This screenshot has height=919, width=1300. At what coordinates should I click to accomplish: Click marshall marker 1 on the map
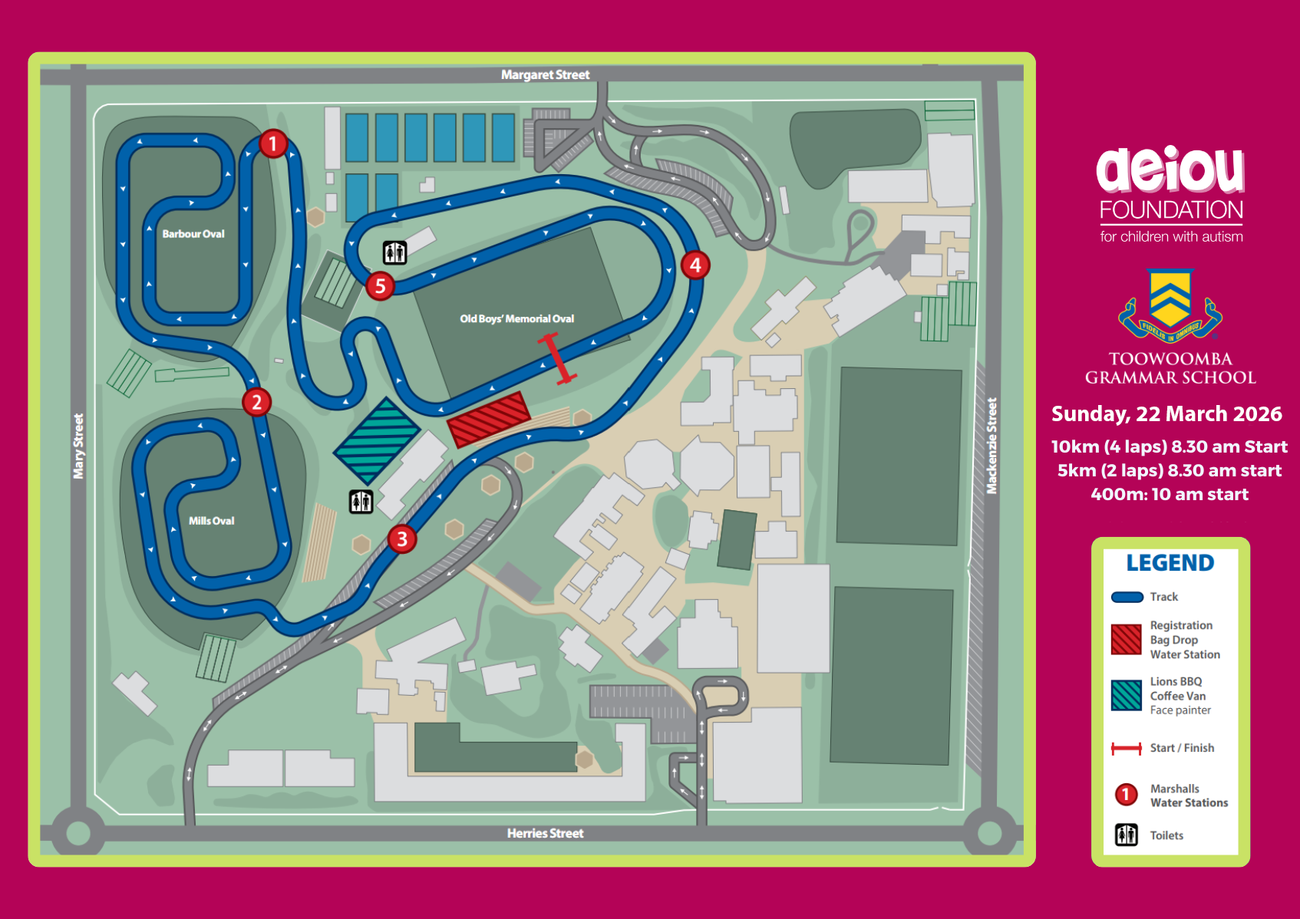click(273, 143)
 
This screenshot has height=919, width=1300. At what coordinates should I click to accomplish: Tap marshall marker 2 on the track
click(257, 402)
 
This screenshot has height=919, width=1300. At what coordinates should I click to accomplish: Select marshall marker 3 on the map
click(402, 539)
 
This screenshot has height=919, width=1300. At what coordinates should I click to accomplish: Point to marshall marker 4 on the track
click(695, 265)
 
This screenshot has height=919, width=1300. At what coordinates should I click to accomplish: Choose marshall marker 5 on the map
click(380, 286)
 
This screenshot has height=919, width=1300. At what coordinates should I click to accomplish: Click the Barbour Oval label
click(193, 234)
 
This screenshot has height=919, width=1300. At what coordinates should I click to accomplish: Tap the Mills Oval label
click(212, 521)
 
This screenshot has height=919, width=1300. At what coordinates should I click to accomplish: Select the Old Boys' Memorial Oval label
click(516, 318)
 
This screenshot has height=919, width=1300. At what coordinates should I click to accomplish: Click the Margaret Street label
click(545, 74)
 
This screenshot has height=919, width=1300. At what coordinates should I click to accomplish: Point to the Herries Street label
click(545, 833)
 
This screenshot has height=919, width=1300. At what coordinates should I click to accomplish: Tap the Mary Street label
click(78, 446)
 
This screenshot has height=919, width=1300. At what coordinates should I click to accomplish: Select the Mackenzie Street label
click(991, 446)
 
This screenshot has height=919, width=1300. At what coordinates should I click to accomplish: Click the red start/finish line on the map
click(557, 358)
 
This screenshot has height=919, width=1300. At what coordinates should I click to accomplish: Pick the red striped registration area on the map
click(489, 419)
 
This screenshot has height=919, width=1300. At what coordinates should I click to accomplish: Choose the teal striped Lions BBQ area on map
click(377, 440)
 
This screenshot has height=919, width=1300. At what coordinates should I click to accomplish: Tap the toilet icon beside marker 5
click(394, 252)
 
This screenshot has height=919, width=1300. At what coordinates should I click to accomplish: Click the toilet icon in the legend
click(1126, 835)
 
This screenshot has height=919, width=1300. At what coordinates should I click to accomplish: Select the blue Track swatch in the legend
click(1127, 597)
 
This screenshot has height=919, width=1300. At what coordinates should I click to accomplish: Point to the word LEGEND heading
click(1170, 563)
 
